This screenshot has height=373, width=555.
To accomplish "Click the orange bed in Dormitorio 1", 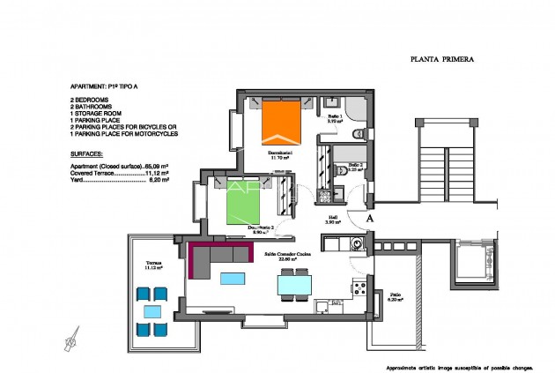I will click(x=282, y=123).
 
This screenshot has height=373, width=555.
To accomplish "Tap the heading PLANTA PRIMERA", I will click(x=443, y=61).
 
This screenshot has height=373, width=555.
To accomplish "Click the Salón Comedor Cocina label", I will click(x=288, y=257).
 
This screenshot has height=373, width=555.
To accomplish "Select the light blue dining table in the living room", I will click(x=293, y=285).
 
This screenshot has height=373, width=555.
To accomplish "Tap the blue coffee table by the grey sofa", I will click(x=233, y=279).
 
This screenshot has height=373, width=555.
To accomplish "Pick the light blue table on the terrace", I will click(x=152, y=312).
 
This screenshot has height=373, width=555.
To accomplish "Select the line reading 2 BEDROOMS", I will click(x=91, y=101).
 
